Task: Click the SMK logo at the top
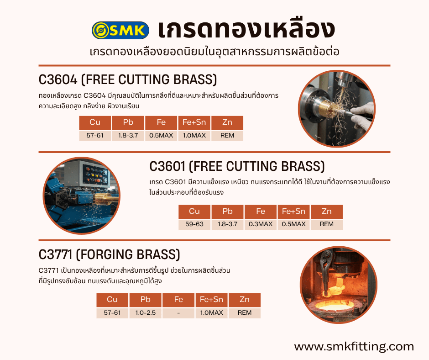(120, 30)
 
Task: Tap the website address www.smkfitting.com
(354, 346)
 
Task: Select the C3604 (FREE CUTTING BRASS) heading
(127, 80)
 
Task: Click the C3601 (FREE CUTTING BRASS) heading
(237, 166)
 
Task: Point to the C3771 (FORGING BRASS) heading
(109, 254)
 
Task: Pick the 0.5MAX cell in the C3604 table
(161, 136)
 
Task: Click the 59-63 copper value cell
(194, 224)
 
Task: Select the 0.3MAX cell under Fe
(261, 224)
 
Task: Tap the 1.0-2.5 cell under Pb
(145, 313)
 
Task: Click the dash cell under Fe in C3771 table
(178, 313)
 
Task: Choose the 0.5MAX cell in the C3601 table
(294, 224)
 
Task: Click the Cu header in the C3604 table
(95, 122)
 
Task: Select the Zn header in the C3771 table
(245, 300)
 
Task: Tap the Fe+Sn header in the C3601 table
(294, 212)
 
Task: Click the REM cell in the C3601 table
(326, 224)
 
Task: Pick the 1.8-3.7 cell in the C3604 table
(128, 136)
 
